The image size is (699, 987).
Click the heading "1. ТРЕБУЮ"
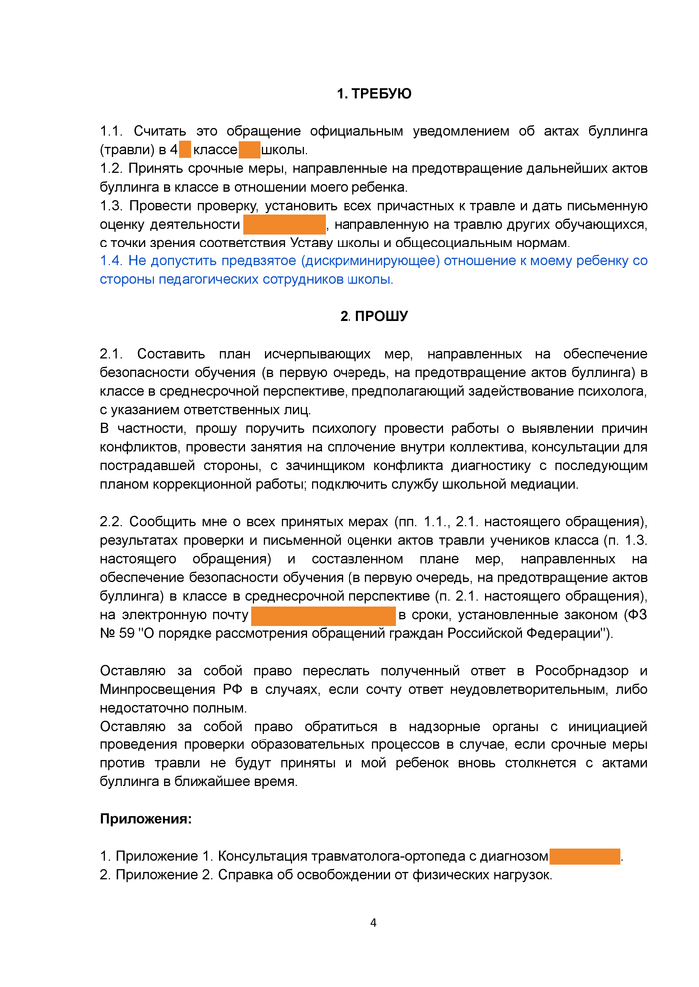pos(373,93)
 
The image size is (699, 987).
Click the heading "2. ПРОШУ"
pos(373,317)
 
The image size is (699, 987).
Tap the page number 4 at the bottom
pos(373,922)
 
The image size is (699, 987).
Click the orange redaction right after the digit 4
pos(185,150)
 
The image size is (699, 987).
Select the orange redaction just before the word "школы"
pos(249,150)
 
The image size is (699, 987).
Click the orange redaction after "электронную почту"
pos(323,615)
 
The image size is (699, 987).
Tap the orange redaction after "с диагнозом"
pos(585,856)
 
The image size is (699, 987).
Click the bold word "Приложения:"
pos(146,819)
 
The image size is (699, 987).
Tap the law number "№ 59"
pos(118,634)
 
